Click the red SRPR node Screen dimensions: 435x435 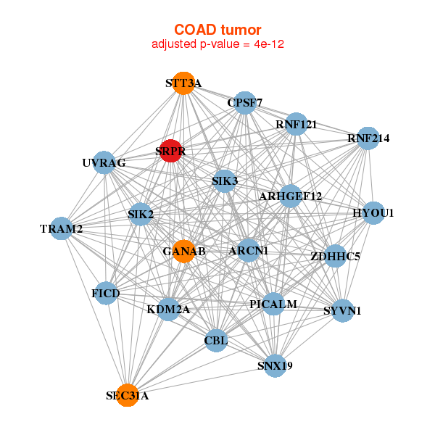tap(170, 151)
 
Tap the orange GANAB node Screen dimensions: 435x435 tap(184, 251)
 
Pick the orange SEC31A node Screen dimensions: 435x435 tap(128, 395)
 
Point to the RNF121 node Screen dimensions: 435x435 tap(296, 125)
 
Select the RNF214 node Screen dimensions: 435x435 tap(368, 138)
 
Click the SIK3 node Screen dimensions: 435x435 tap(225, 181)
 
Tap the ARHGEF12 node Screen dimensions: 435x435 tap(290, 196)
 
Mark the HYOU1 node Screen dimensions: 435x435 tap(373, 213)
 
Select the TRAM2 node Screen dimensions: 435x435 tap(62, 229)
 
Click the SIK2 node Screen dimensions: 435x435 tap(141, 215)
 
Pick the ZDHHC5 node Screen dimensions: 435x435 tap(335, 256)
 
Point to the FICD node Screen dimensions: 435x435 tap(107, 293)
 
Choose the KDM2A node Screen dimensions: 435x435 tap(168, 309)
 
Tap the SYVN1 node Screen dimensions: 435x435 tap(342, 310)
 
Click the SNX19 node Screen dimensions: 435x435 tap(275, 365)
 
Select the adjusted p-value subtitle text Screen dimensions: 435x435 tap(217, 45)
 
